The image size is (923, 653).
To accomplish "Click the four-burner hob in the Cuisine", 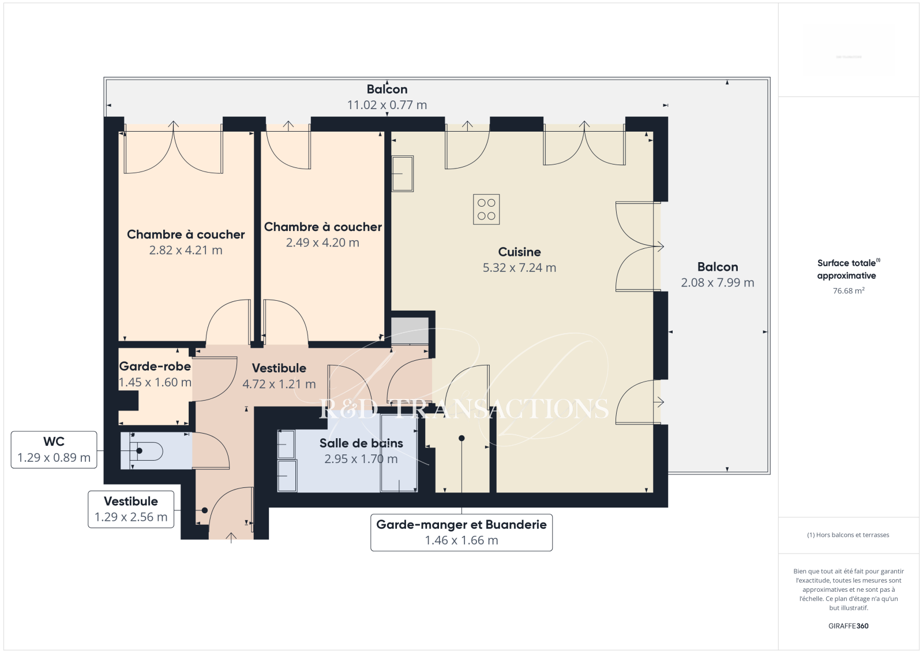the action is click(486, 209).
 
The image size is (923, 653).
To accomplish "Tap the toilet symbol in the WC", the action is click(147, 451).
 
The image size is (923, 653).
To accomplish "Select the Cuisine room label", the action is click(519, 252).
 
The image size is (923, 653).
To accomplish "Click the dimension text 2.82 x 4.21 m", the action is click(186, 250).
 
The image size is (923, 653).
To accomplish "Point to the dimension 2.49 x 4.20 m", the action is click(322, 242).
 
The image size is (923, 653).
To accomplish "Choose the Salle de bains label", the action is click(361, 443).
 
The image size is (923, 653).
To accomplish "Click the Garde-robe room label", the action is click(155, 366).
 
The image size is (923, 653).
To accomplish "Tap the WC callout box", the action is click(54, 450).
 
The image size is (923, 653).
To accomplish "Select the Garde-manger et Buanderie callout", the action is click(461, 532).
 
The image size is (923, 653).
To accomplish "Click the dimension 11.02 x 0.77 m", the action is click(387, 105).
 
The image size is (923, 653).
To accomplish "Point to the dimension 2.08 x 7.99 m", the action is click(718, 282).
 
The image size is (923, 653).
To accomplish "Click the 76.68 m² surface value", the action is click(849, 290).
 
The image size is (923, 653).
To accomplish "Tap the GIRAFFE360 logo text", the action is click(849, 626).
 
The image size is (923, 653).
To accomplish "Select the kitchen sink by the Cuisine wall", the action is click(402, 174).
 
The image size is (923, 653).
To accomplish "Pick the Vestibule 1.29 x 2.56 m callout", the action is click(131, 509).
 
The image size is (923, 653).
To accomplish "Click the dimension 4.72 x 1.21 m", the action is click(279, 384).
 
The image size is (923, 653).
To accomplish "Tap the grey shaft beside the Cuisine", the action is click(410, 331).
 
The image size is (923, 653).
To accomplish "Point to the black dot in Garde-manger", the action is click(461, 438).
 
